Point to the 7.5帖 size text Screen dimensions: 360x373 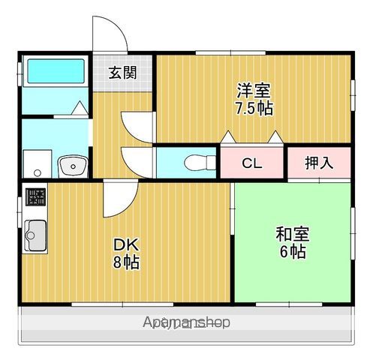[x=254, y=108]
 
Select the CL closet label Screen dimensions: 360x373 [x=251, y=162]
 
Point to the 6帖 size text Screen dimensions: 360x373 [x=292, y=252]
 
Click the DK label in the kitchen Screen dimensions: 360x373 [x=125, y=245]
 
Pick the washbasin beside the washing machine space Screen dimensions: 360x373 [x=73, y=163]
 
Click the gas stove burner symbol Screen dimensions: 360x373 [x=35, y=197]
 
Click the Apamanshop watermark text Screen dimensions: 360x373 [x=186, y=323]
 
